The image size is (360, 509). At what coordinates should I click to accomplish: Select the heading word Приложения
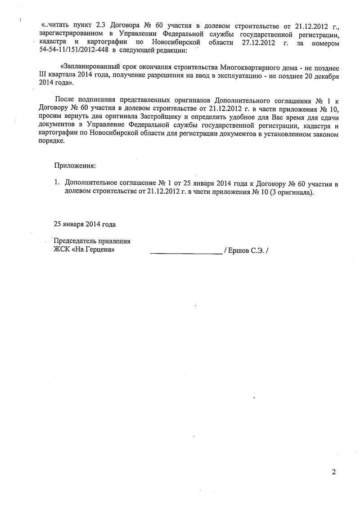pos(75,165)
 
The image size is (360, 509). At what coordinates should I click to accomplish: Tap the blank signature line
pos(185,251)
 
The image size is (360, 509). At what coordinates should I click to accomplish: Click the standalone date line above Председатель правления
pos(85,223)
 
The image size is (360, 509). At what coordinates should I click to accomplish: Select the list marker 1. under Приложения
pos(57,184)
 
